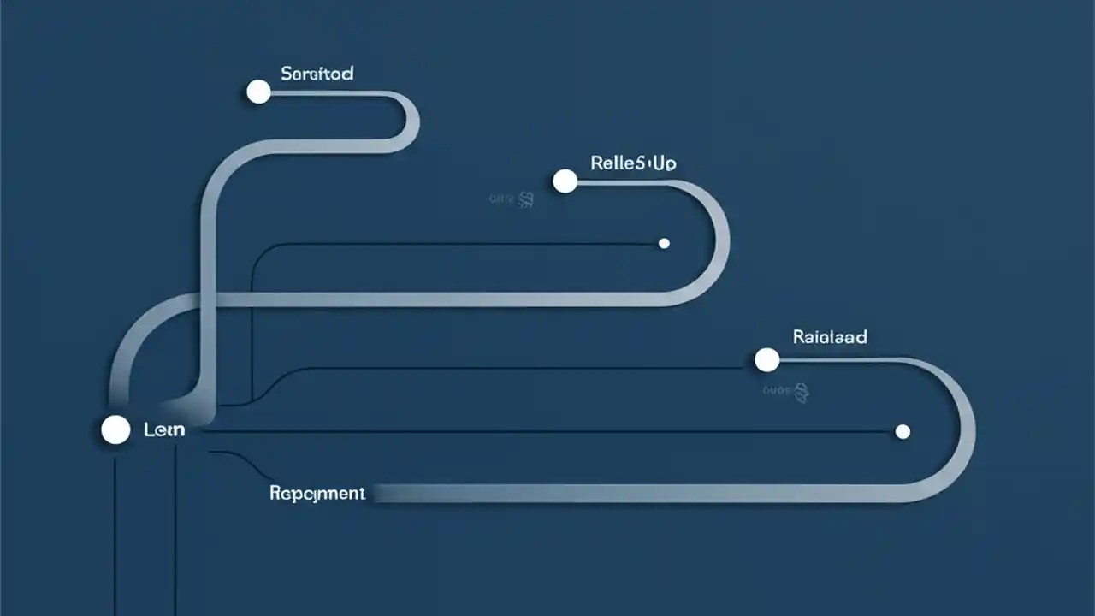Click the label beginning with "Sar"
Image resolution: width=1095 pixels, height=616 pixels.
[317, 74]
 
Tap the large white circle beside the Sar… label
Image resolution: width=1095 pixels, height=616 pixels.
[258, 92]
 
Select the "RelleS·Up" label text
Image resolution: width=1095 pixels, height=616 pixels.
[633, 163]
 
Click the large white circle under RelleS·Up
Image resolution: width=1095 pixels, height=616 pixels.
[565, 181]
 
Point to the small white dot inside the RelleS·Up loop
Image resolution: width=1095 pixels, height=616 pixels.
[664, 243]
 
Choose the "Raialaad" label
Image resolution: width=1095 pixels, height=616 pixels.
[830, 337]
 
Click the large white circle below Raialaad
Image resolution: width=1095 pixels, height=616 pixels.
[767, 360]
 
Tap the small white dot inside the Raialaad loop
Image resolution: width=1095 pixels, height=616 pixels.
[903, 431]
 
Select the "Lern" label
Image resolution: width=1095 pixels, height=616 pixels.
[164, 430]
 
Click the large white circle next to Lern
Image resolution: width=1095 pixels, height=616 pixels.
[115, 430]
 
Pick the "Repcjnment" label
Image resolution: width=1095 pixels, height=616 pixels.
[317, 494]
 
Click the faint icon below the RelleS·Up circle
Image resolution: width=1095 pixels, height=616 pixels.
[526, 200]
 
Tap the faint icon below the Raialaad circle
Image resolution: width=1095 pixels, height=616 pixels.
[801, 392]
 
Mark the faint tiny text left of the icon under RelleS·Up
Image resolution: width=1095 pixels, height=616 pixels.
[500, 199]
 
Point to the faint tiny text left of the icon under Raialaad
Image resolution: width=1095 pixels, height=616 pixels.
[775, 391]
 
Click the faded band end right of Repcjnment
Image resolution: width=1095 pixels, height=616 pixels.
[394, 494]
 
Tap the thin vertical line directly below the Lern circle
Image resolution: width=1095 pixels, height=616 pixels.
[115, 530]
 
